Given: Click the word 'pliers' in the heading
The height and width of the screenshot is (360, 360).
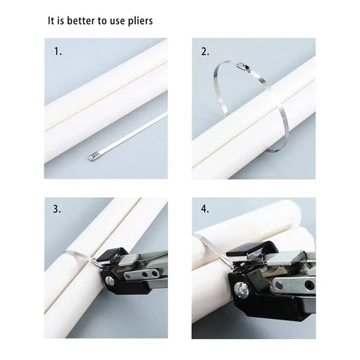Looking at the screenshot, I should coord(137,21).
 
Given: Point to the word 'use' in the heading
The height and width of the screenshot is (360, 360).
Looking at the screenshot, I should coord(115,21).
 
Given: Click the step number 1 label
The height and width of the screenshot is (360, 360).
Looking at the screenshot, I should coord(57,52).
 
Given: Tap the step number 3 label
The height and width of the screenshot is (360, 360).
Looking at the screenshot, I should coord(57,209).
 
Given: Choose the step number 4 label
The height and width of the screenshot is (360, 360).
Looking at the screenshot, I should coord(205,209).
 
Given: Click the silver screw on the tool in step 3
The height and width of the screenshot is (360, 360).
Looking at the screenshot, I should coord(110,281).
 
